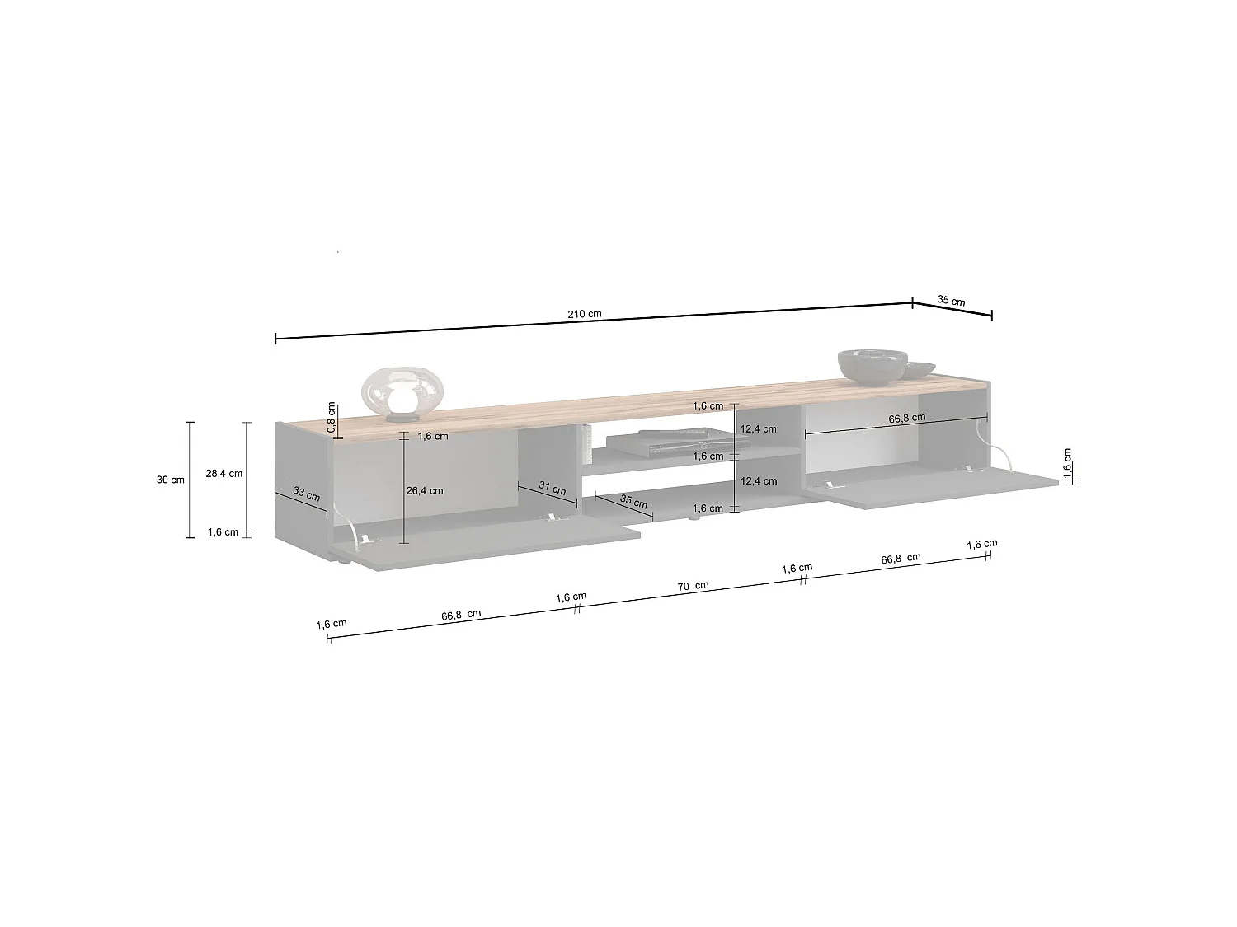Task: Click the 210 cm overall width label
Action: [x=585, y=314]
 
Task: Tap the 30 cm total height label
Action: [x=170, y=480]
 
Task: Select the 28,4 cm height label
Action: [x=223, y=473]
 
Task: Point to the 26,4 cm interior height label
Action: [x=425, y=491]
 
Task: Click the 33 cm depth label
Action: [x=307, y=494]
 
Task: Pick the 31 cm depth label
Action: [x=553, y=488]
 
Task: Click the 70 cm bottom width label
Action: [x=694, y=586]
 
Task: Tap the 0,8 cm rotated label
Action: [x=332, y=417]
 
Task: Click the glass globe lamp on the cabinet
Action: [x=402, y=395]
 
